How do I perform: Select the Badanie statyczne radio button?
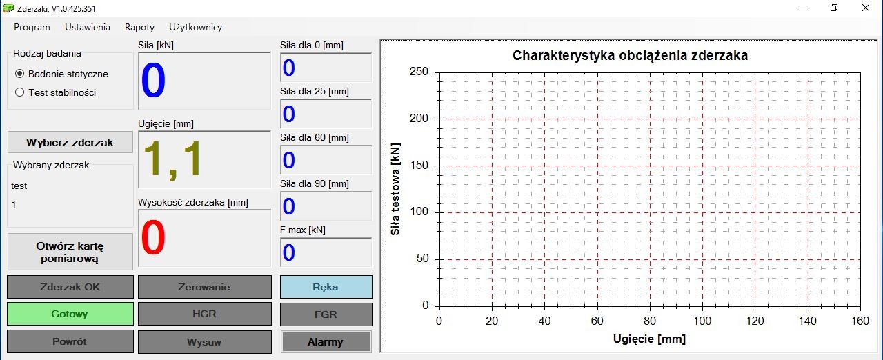coord(20,74)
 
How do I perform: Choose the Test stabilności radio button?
coord(20,92)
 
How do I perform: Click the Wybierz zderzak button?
coord(70,142)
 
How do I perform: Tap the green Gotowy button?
coord(70,314)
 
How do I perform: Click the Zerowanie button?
coord(204,287)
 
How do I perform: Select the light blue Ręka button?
coord(326,287)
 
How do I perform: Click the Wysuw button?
coord(204,341)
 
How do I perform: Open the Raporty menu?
coord(139,27)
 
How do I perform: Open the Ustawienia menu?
coord(88,27)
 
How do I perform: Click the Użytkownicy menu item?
coord(195,27)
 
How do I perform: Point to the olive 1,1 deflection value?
coord(172,159)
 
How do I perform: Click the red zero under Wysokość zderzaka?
coord(153,238)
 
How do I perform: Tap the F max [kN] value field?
coord(326,252)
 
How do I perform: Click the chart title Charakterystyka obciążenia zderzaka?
coord(630,55)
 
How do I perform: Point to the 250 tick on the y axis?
coord(419,72)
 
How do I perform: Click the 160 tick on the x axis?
coord(860,321)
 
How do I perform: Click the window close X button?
coord(865,8)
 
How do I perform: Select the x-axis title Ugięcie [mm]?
coord(649,339)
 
